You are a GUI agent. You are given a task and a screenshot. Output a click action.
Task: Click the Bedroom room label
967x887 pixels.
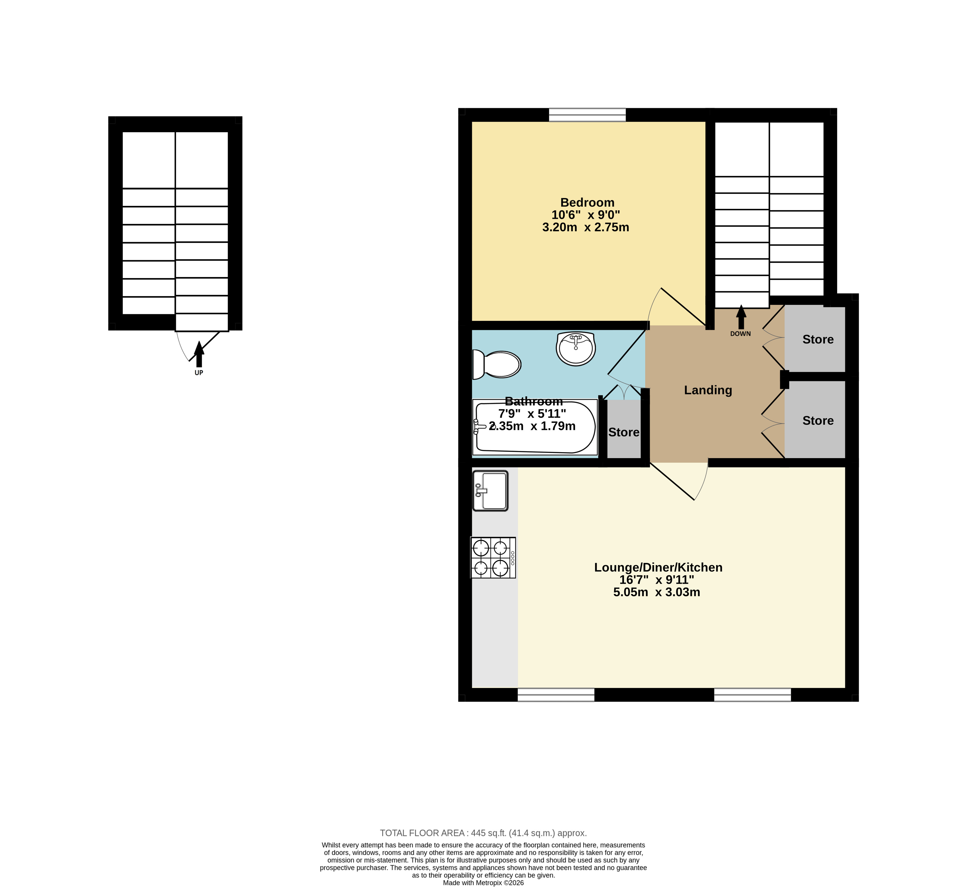pyautogui.click(x=587, y=203)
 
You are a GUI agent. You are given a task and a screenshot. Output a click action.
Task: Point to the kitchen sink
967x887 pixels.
pyautogui.click(x=490, y=491)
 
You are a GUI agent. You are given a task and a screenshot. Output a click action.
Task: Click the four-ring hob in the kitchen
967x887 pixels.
pyautogui.click(x=493, y=557)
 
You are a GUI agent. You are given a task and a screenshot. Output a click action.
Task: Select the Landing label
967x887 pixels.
pyautogui.click(x=708, y=390)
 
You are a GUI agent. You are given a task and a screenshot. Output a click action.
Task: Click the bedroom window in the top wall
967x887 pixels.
pyautogui.click(x=588, y=115)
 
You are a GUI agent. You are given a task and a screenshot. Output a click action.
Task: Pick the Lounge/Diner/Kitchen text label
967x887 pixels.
pyautogui.click(x=658, y=567)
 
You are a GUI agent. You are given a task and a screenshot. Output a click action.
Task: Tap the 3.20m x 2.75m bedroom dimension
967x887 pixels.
pyautogui.click(x=586, y=227)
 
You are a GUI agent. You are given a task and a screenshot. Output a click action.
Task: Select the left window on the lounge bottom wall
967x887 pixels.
pyautogui.click(x=556, y=695)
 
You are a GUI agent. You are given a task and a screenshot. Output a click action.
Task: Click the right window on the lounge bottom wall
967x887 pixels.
pyautogui.click(x=752, y=695)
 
